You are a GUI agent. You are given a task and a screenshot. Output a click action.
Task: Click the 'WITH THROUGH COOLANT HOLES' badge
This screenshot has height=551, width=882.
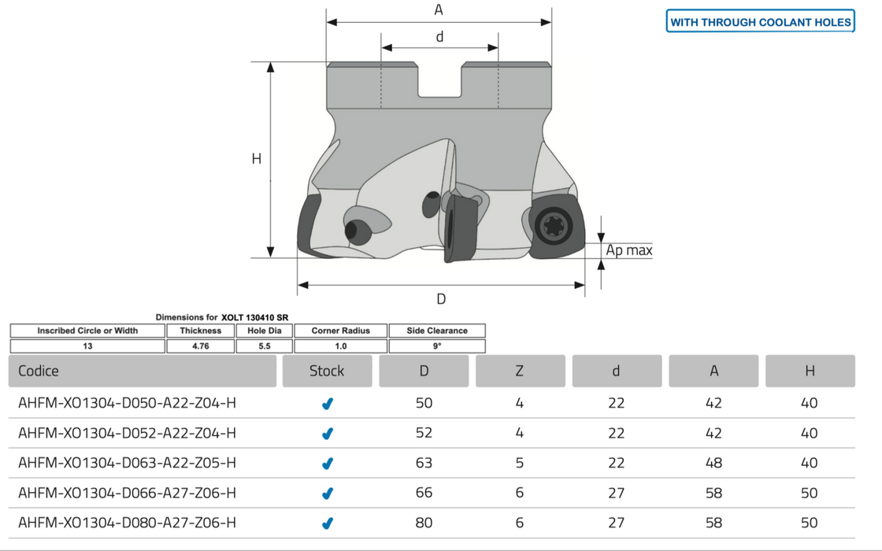coord(761,22)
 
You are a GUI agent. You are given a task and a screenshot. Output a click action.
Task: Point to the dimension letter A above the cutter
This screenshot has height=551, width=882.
coord(439,10)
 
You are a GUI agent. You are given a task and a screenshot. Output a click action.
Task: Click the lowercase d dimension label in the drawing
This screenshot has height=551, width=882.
coord(439,36)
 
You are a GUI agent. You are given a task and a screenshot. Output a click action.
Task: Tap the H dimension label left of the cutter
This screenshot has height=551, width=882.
coord(256,159)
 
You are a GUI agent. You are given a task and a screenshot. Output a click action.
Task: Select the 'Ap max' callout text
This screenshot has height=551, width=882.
coord(629,251)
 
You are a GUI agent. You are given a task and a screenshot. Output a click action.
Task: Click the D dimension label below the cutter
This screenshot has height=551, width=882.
coord(441,298)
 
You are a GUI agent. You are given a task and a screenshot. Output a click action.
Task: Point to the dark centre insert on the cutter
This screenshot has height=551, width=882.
coord(456,228)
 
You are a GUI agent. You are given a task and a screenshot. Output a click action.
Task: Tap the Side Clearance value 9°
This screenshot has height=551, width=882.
coord(437,346)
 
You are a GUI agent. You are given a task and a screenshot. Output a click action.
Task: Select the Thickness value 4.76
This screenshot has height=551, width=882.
coord(201,346)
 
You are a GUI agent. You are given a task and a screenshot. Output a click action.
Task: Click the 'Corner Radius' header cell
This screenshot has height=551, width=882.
coord(341,331)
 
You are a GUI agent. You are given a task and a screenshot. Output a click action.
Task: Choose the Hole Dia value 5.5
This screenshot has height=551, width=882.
coord(264,346)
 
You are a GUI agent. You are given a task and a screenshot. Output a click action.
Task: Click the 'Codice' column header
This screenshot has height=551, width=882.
coord(39,371)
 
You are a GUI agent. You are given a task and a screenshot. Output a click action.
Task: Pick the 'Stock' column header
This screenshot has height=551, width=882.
coord(327,371)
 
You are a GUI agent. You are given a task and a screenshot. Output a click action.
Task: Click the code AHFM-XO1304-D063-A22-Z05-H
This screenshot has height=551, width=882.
coord(127,463)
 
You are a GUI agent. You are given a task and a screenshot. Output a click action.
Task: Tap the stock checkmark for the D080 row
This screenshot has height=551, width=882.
coord(328,523)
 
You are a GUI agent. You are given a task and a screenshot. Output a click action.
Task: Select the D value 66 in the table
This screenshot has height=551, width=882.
coord(424,493)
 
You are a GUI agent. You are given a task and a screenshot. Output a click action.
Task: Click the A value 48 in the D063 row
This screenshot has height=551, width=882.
coord(713,463)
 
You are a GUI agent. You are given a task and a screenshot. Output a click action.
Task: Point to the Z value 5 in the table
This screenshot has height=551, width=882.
coord(520,463)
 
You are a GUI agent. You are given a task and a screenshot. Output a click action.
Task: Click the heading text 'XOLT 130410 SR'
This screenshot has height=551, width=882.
coord(255,317)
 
